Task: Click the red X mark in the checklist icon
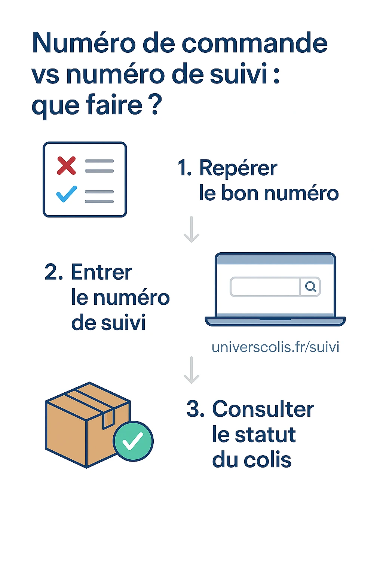coord(66,165)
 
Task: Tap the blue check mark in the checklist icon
coord(67,194)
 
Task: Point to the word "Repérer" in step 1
coord(238,168)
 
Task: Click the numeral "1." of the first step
coord(184,168)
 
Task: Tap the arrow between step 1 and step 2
coord(191,229)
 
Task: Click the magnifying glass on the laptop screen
coord(310,287)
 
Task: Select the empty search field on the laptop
coord(265,287)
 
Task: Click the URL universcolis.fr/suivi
coord(275,347)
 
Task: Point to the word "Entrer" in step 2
coord(101,272)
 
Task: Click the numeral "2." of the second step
coord(53,272)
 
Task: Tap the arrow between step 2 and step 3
coord(191,370)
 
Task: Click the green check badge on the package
coord(133,441)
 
